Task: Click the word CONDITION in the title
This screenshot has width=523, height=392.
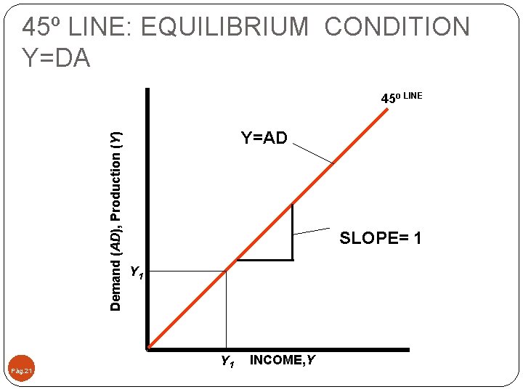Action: tap(397, 28)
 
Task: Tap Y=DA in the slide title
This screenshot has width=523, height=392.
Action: tap(57, 57)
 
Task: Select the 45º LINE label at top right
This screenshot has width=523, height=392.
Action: tap(402, 97)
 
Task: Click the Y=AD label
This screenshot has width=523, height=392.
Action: tap(264, 138)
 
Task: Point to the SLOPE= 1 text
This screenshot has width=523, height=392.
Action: tap(381, 238)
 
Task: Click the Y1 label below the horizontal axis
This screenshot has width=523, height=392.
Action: tap(227, 361)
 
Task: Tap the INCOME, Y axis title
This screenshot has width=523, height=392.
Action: tap(283, 360)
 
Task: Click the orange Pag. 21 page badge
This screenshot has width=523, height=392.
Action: tap(22, 371)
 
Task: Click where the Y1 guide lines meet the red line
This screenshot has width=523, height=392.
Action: tap(226, 271)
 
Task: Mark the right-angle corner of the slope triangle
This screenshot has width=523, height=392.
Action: tap(292, 258)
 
